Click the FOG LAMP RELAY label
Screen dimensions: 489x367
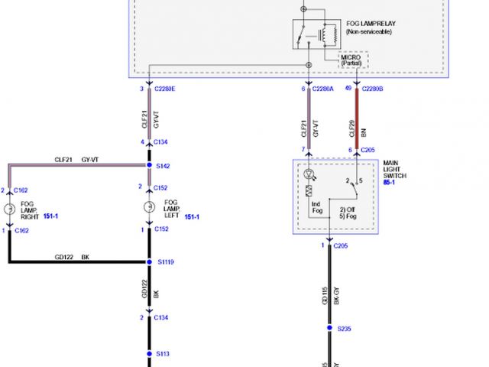tap(371, 24)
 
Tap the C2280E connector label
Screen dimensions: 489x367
tap(164, 89)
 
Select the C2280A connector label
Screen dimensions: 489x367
tap(323, 89)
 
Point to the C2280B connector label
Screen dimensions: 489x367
tap(372, 89)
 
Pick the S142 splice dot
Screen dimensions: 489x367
tap(148, 165)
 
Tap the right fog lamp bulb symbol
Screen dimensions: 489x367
tap(9, 209)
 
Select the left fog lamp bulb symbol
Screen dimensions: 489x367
tap(148, 209)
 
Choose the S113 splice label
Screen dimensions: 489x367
tap(163, 353)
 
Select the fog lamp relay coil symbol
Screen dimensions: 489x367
tap(329, 34)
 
